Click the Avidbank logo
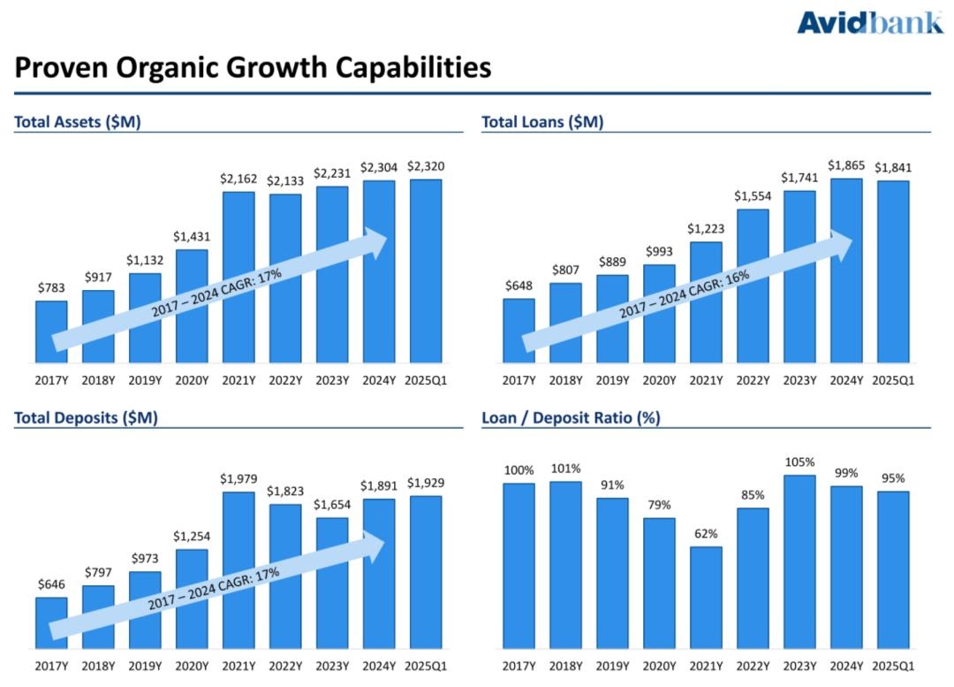click(x=869, y=22)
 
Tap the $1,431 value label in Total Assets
click(x=192, y=236)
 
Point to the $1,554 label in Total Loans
click(x=753, y=196)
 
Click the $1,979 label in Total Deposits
click(x=238, y=479)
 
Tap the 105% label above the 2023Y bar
click(x=799, y=462)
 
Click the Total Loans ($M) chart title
click(x=542, y=123)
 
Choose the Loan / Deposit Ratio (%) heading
click(x=571, y=417)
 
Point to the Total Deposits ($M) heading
click(x=86, y=417)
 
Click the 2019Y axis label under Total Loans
click(x=612, y=381)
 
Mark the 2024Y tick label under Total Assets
click(x=379, y=381)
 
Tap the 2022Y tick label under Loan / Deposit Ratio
click(x=753, y=666)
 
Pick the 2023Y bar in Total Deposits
click(x=332, y=583)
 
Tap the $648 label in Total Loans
click(x=519, y=286)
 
